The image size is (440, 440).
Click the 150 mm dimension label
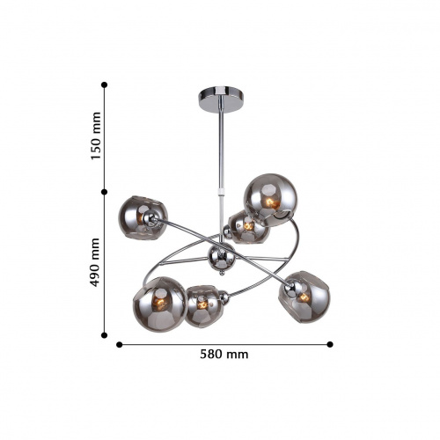[x=96, y=136]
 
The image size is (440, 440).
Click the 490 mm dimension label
[x=95, y=262]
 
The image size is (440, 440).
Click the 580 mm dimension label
[x=224, y=355]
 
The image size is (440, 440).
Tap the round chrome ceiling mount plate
[x=222, y=99]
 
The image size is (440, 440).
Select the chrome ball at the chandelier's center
[x=222, y=258]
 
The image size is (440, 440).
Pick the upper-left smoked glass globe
[x=143, y=217]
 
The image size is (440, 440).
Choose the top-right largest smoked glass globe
[x=270, y=200]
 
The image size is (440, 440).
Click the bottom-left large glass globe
[x=159, y=304]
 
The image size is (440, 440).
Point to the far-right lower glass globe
[x=304, y=297]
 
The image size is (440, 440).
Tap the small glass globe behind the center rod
[x=248, y=228]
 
